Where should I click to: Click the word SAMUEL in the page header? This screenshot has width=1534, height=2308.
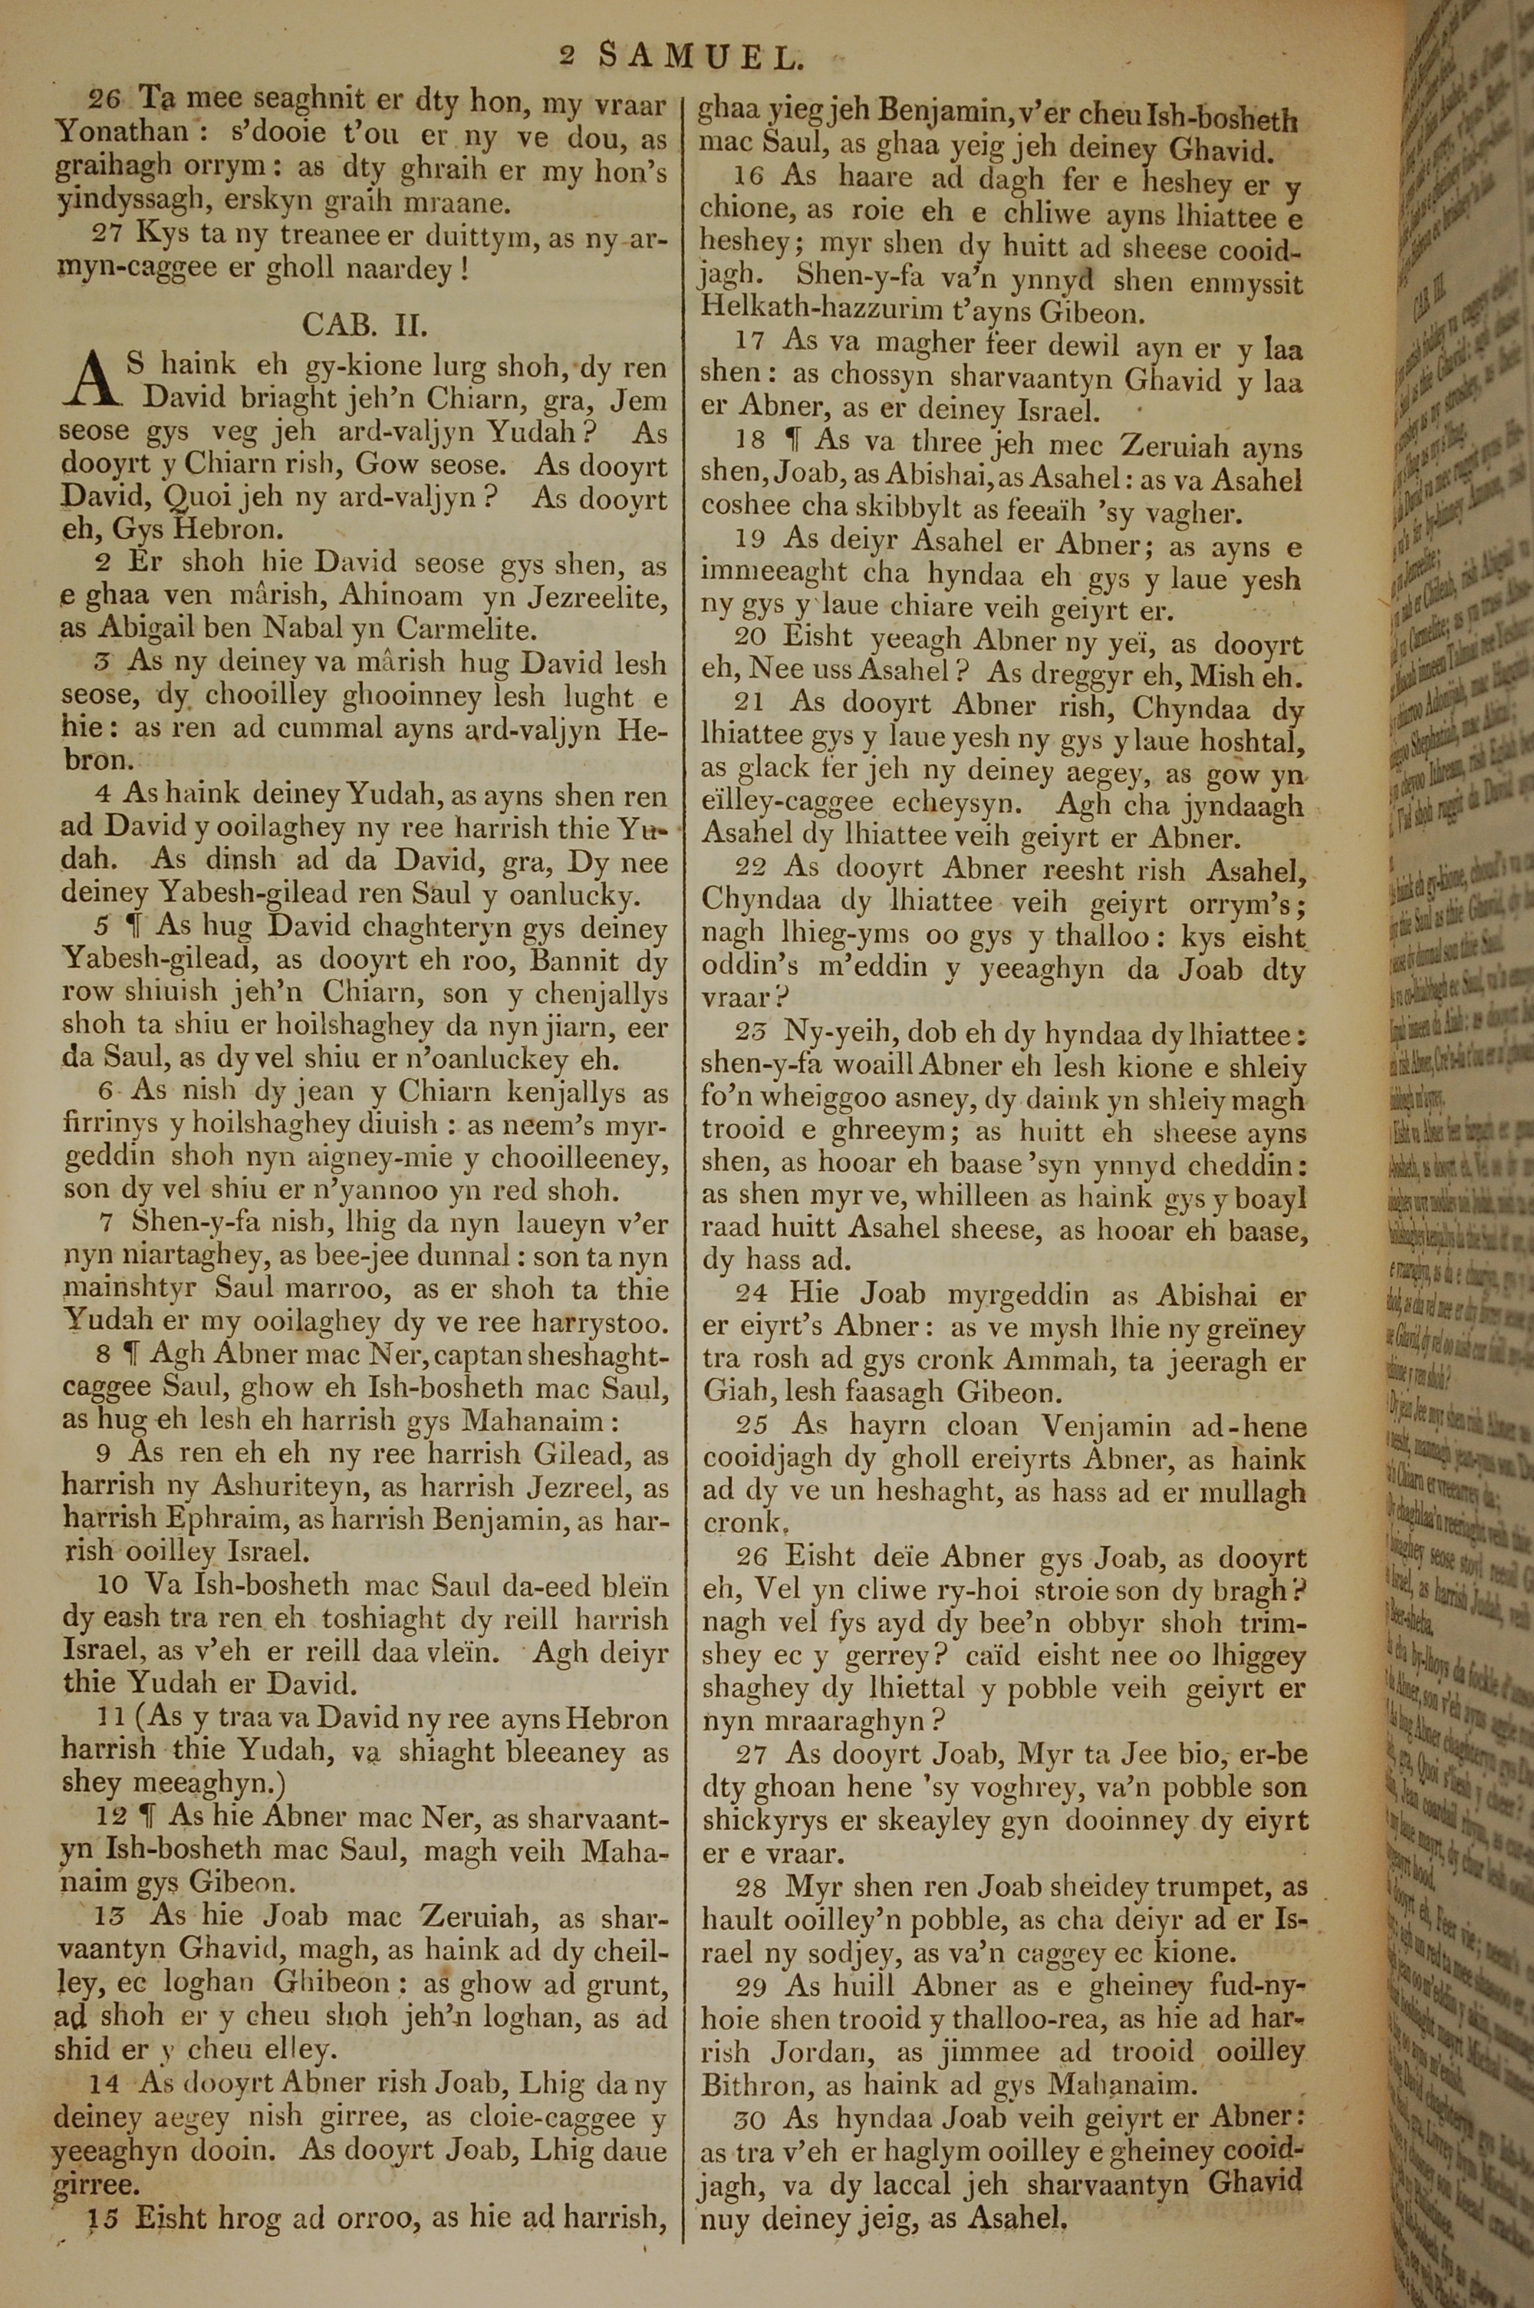point(700,59)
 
